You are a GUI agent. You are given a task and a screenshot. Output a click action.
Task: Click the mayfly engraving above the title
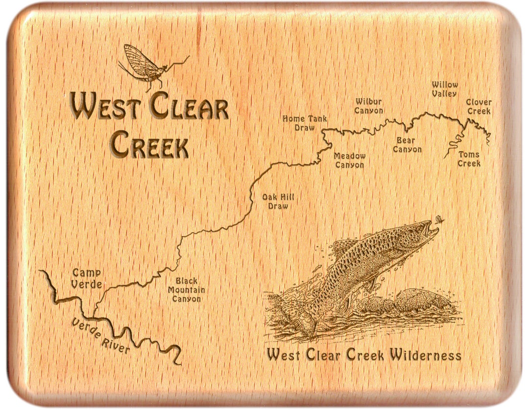(147, 66)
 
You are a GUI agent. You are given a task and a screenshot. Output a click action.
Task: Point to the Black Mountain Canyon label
(187, 290)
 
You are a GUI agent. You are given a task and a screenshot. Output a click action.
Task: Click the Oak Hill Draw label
(278, 202)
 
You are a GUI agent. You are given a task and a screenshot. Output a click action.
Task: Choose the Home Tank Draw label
(305, 123)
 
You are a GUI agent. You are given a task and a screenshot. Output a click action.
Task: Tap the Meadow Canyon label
(350, 160)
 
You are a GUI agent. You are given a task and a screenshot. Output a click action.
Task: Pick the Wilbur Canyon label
(369, 106)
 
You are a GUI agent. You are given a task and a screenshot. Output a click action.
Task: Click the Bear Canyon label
(407, 145)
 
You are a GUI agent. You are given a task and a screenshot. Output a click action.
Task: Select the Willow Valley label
(445, 89)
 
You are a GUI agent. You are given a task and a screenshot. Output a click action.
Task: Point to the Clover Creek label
(479, 107)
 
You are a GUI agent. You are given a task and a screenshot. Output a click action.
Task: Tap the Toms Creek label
(469, 159)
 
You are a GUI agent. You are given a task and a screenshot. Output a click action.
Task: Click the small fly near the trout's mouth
(439, 220)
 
